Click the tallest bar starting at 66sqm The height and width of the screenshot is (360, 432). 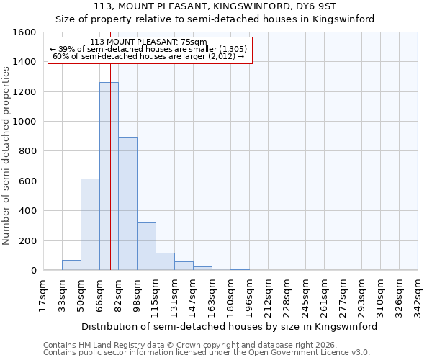click(x=109, y=176)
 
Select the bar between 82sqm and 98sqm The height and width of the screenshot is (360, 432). click(x=127, y=204)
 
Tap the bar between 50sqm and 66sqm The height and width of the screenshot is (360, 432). click(x=90, y=225)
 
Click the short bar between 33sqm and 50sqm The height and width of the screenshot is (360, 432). click(x=71, y=265)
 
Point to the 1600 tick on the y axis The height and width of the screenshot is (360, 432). click(x=24, y=32)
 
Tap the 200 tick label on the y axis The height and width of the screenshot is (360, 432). click(x=27, y=240)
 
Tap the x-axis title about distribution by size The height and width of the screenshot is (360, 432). click(x=230, y=326)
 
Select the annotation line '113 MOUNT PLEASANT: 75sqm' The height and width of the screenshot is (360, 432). click(x=149, y=42)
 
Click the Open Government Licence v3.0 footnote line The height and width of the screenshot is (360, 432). click(x=207, y=353)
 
